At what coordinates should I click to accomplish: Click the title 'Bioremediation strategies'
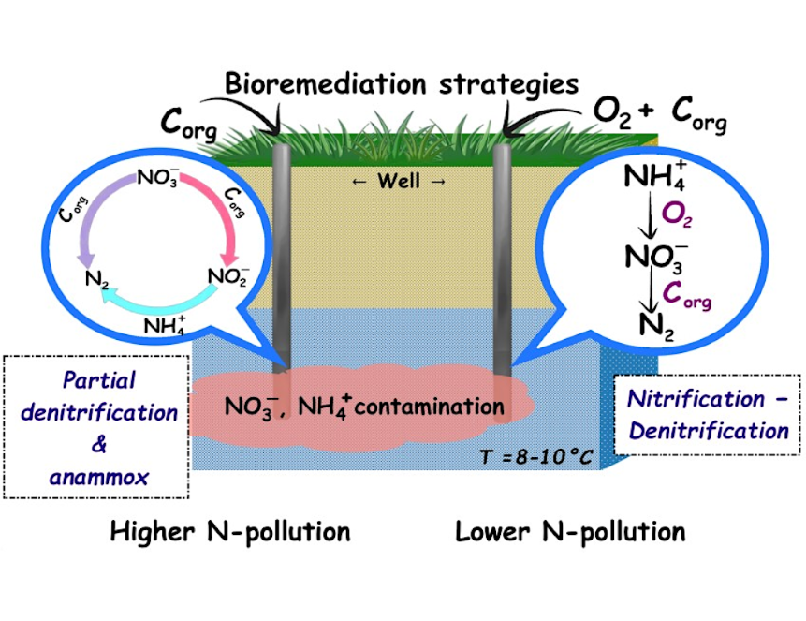click(x=402, y=84)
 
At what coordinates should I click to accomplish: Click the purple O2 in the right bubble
click(x=677, y=214)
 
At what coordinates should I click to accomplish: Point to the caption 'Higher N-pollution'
click(x=230, y=532)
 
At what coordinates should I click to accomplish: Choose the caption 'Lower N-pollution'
click(x=570, y=532)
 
